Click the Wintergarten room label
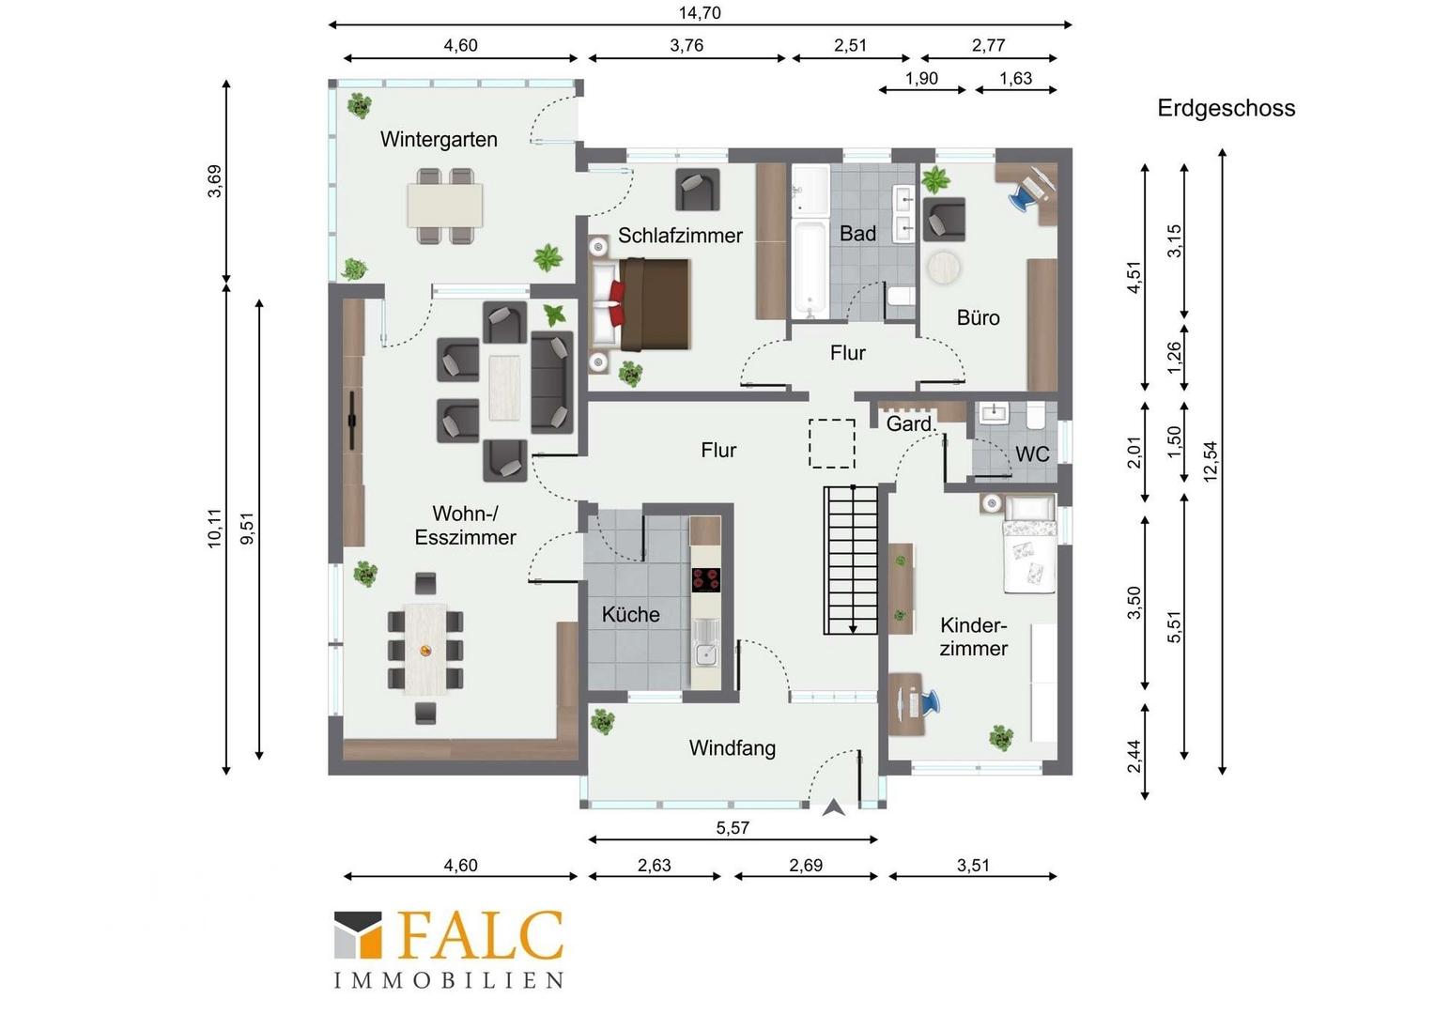click(x=439, y=140)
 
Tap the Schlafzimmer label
click(x=680, y=236)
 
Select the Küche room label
click(x=630, y=615)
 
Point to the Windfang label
click(x=733, y=748)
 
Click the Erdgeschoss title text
click(x=1227, y=108)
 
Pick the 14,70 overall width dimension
click(x=700, y=13)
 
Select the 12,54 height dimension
click(x=1211, y=461)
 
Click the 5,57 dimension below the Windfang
click(x=733, y=828)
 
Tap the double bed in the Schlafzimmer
click(x=640, y=304)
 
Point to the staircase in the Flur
click(x=850, y=560)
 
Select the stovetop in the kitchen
click(x=705, y=580)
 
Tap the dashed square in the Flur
click(x=831, y=443)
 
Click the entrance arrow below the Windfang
click(x=833, y=807)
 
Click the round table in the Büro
click(x=944, y=267)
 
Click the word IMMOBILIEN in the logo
click(x=449, y=980)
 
